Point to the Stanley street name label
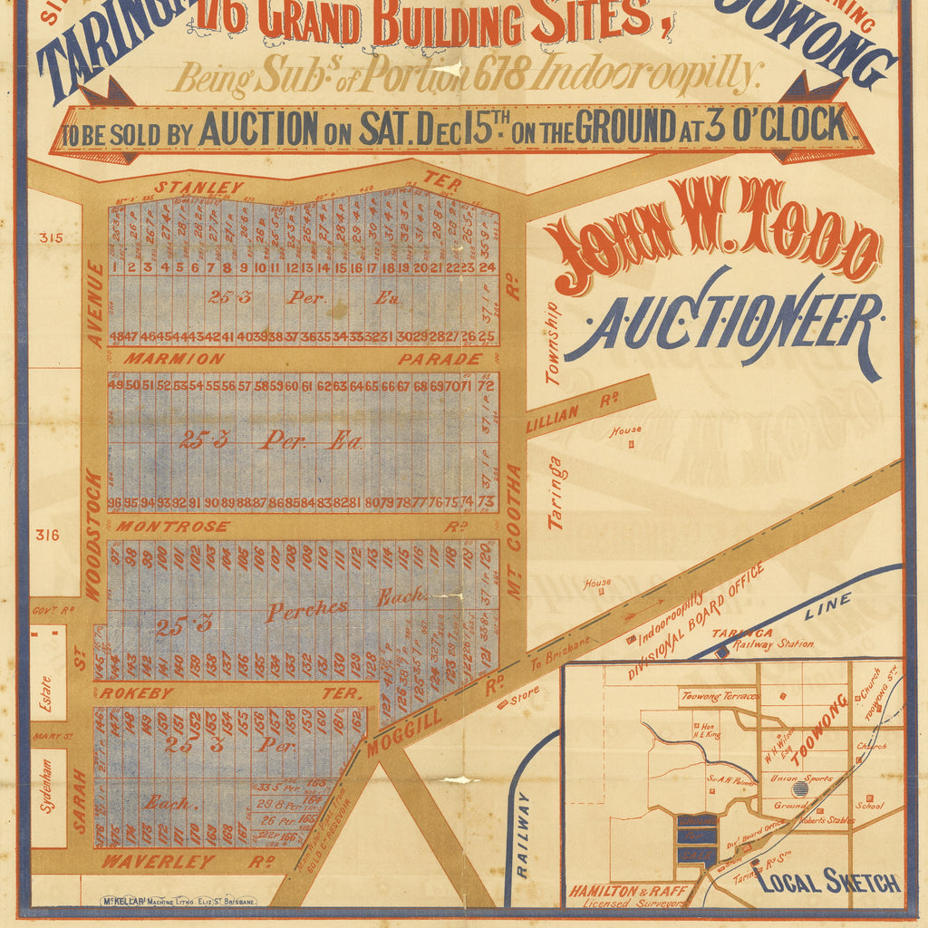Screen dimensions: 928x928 point(198,188)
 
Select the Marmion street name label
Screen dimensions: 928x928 point(175,359)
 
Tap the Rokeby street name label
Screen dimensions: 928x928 point(130,693)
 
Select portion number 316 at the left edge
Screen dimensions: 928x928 point(48,535)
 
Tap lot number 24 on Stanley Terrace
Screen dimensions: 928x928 point(488,267)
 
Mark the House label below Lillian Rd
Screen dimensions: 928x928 point(625,430)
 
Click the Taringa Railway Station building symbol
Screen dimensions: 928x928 point(720,651)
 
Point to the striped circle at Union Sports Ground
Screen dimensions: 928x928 point(799,789)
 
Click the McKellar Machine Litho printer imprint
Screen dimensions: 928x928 point(179,903)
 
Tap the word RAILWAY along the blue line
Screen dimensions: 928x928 point(522,834)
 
